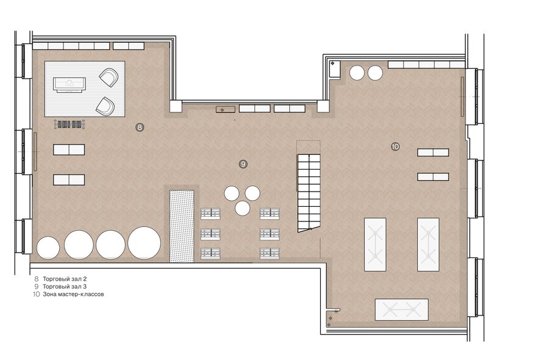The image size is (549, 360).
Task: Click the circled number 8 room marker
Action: tap(140, 127)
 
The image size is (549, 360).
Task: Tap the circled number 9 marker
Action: tap(243, 164)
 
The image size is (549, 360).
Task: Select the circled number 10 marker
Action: tap(395, 146)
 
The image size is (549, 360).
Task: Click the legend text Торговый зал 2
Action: tap(65, 279)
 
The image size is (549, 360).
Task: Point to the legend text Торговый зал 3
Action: tap(65, 286)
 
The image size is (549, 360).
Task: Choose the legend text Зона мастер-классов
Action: tap(73, 294)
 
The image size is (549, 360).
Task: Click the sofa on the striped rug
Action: tap(70, 85)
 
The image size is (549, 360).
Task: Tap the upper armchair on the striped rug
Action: tap(109, 77)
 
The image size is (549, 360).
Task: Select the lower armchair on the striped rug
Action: tap(106, 106)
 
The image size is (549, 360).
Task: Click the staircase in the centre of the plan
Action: tap(309, 193)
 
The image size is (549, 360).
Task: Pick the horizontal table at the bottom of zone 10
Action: tap(401, 309)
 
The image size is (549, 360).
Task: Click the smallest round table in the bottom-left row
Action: tap(48, 248)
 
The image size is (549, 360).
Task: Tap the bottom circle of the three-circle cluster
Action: tap(243, 208)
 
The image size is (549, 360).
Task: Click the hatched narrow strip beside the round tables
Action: tap(182, 226)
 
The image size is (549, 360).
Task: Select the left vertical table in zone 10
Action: tap(375, 245)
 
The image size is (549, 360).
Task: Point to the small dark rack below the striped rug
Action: tap(70, 124)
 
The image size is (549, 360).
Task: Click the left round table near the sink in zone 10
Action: tap(357, 73)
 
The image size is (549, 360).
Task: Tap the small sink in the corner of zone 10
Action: tap(335, 69)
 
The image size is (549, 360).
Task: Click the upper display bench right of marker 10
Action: tap(432, 153)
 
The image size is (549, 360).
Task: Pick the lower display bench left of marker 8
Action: tap(69, 180)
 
